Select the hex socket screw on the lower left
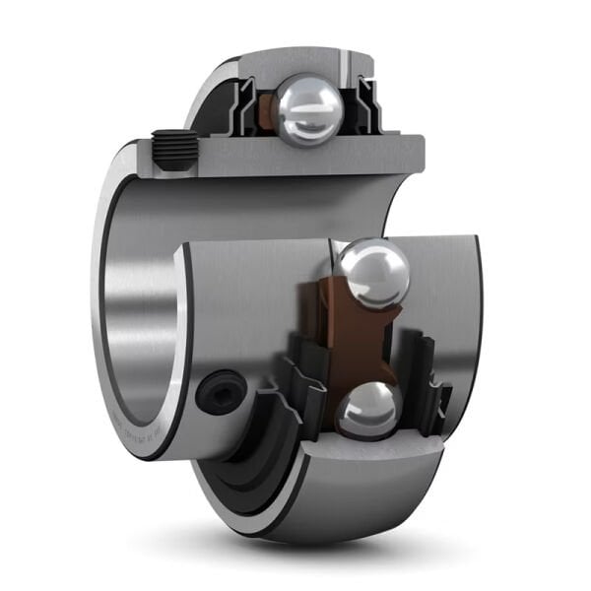click(x=219, y=393)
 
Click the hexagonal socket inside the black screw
click(x=219, y=393)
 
